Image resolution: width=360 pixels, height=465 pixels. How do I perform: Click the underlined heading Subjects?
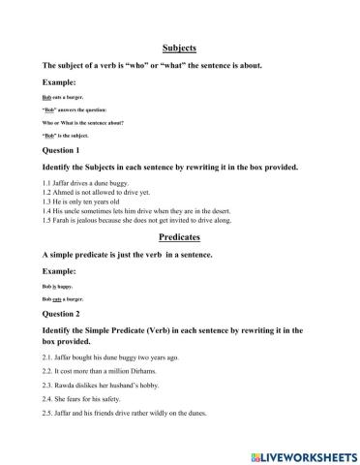pos(179,46)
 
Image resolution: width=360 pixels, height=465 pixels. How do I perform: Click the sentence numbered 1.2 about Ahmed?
pos(101,192)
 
